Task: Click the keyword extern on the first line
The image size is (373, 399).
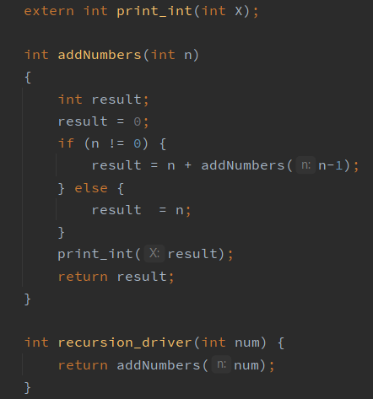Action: (49, 11)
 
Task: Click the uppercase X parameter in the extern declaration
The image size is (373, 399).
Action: (239, 11)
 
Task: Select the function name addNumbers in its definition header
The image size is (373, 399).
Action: (100, 55)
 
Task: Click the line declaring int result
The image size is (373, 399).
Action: (103, 100)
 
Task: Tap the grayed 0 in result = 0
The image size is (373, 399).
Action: (138, 121)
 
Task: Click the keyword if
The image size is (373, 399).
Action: (66, 143)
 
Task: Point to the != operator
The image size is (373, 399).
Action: (116, 143)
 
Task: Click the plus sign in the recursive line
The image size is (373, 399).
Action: (188, 165)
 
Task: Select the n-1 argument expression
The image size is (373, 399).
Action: (331, 165)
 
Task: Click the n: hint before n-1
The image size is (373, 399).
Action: (305, 165)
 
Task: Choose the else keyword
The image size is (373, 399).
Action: (91, 188)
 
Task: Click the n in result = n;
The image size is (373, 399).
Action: (180, 210)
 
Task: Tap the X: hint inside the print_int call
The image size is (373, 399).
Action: (154, 254)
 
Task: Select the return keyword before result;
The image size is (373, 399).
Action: (83, 277)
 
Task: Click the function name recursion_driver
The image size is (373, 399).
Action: (125, 342)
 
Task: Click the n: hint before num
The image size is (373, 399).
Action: (221, 364)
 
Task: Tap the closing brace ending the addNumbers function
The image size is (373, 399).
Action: (27, 299)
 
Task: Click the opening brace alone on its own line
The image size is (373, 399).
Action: (28, 77)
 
